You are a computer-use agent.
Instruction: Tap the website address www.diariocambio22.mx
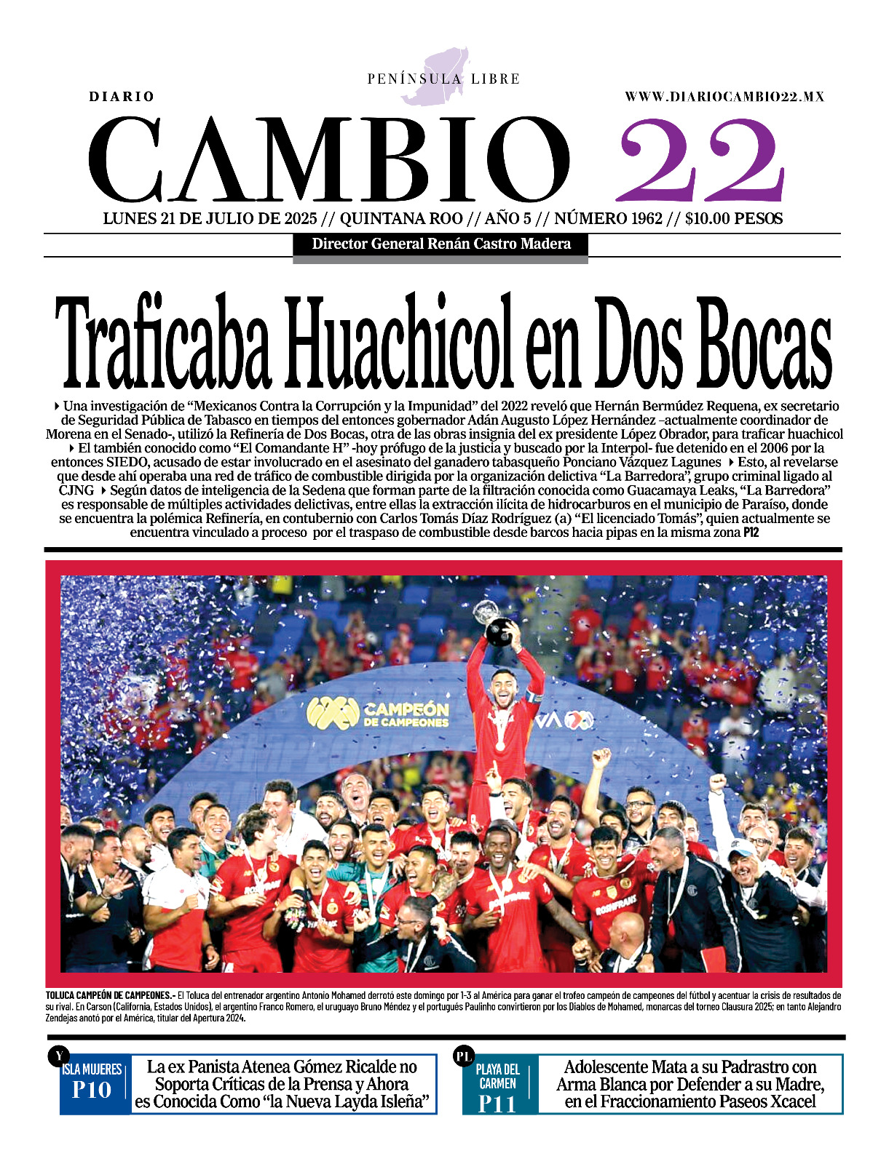coord(724,96)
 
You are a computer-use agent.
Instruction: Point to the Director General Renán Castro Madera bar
coord(440,244)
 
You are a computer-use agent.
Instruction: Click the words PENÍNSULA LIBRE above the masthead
coord(443,79)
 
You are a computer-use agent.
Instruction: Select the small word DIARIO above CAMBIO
coord(122,97)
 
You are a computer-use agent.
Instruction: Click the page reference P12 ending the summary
coord(751,533)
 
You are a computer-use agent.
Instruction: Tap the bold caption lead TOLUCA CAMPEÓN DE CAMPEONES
coord(109,995)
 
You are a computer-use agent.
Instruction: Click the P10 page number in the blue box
coord(92,1091)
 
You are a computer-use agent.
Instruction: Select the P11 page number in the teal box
coord(497,1104)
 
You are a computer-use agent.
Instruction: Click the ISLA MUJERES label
coord(92,1069)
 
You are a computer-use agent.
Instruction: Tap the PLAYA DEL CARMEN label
coord(498,1076)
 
